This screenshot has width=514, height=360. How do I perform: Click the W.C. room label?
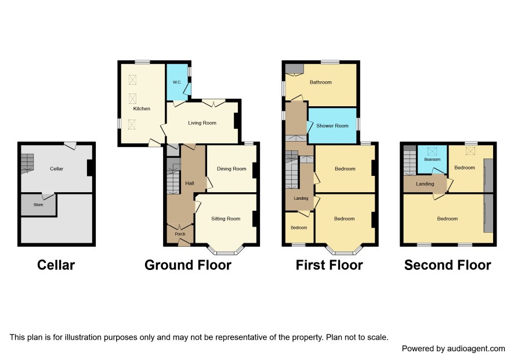click(x=177, y=82)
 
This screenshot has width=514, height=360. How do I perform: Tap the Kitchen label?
click(x=142, y=109)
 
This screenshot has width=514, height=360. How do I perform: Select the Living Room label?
click(x=202, y=123)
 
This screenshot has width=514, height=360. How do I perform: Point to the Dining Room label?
click(x=231, y=169)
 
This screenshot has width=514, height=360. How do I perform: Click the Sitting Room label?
click(x=226, y=218)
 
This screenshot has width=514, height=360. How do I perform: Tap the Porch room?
click(x=180, y=234)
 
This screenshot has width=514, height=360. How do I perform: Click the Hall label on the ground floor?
click(x=190, y=183)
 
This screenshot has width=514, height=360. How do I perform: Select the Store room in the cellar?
click(x=38, y=205)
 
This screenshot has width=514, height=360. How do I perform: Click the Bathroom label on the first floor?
click(x=321, y=82)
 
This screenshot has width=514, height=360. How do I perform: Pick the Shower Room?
click(x=332, y=125)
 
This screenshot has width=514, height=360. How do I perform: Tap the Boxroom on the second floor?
click(x=432, y=159)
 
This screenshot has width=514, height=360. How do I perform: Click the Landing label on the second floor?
click(x=425, y=183)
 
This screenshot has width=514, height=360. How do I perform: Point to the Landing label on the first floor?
click(x=301, y=198)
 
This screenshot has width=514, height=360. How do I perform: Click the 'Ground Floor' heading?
click(x=188, y=265)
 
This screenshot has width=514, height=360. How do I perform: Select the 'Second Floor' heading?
click(x=447, y=265)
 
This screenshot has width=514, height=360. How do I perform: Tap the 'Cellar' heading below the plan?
click(x=56, y=265)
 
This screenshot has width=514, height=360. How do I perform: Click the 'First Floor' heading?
click(x=329, y=265)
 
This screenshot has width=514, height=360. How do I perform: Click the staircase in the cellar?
click(x=27, y=163)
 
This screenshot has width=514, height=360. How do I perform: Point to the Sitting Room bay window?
click(x=226, y=250)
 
